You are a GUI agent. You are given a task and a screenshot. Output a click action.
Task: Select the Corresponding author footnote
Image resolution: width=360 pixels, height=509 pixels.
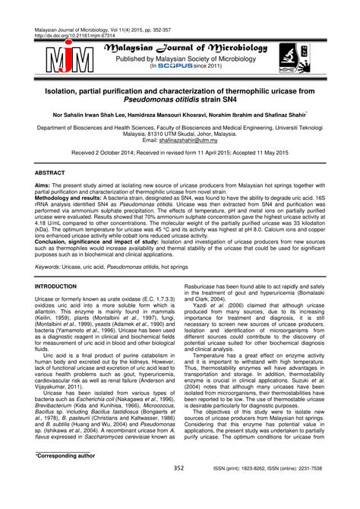67,476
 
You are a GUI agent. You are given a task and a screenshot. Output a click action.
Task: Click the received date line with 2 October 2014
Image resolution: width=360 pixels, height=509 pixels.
180,152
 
